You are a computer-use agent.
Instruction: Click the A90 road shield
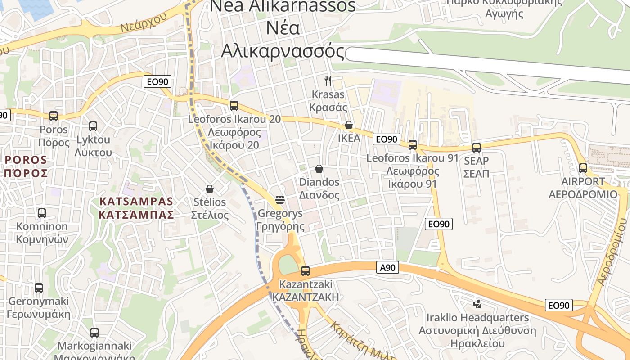(387, 268)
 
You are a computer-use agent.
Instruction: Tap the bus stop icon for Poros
(54, 116)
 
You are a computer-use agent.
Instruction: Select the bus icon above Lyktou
(93, 126)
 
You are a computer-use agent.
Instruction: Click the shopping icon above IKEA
(349, 125)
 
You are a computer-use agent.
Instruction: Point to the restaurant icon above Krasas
(328, 81)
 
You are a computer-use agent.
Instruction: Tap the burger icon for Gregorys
(280, 199)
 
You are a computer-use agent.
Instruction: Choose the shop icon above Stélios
(209, 189)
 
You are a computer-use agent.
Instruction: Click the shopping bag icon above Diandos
(319, 169)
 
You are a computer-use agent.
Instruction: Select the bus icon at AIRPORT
(583, 168)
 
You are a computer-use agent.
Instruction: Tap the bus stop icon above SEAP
(477, 148)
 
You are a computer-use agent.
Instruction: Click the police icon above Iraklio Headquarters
(477, 304)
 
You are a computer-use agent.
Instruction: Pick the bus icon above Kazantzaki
(306, 270)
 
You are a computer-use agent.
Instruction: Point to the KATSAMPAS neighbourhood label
(136, 207)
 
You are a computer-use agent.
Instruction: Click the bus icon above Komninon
(42, 213)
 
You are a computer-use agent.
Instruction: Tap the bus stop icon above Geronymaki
(39, 288)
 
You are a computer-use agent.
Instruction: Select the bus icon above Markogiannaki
(94, 333)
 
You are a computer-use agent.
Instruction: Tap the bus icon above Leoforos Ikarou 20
(234, 106)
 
